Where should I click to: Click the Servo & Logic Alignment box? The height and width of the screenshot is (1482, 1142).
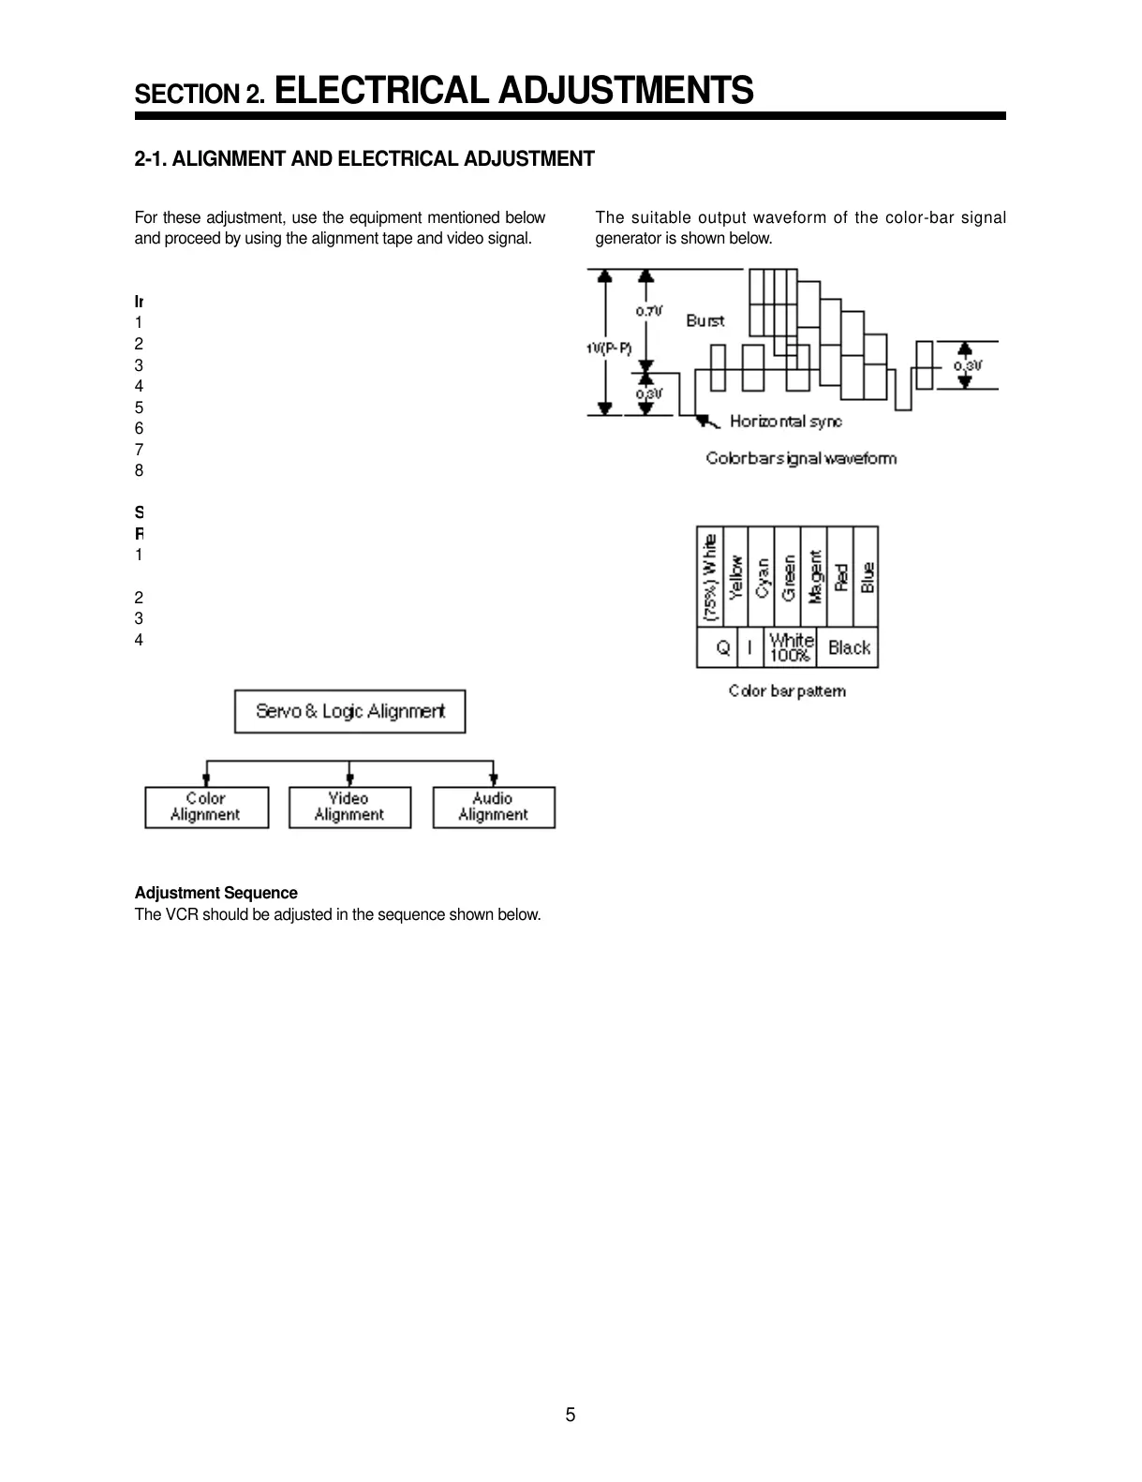point(349,712)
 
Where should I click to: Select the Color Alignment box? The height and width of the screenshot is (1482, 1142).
point(206,807)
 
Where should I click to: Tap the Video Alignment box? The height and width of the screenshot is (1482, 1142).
point(349,807)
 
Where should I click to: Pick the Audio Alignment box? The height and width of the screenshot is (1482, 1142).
point(493,807)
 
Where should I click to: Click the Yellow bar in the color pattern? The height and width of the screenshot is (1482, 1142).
point(735,577)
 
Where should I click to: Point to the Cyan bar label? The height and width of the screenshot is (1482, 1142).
point(762,577)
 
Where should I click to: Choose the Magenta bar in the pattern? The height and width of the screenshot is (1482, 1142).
point(814,577)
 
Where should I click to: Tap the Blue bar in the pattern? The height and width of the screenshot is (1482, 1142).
point(867,577)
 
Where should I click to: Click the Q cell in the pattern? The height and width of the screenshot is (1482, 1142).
point(723,647)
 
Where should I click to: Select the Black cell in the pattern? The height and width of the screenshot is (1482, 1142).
point(849,647)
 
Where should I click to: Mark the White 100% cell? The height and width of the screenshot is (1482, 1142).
point(791,647)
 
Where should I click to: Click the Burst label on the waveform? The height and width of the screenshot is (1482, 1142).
point(704,320)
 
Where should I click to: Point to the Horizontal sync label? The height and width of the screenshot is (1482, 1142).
point(785,422)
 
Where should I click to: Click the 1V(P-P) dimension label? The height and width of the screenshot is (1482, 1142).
point(609,348)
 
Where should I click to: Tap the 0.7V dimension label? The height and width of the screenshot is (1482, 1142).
point(649,311)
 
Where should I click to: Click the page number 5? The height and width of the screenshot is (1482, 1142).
point(571,1415)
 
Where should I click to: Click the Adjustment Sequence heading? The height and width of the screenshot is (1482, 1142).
point(216,893)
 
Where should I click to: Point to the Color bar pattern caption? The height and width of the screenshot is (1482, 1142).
point(787,691)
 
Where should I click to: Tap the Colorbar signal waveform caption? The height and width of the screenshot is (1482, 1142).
point(801,458)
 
